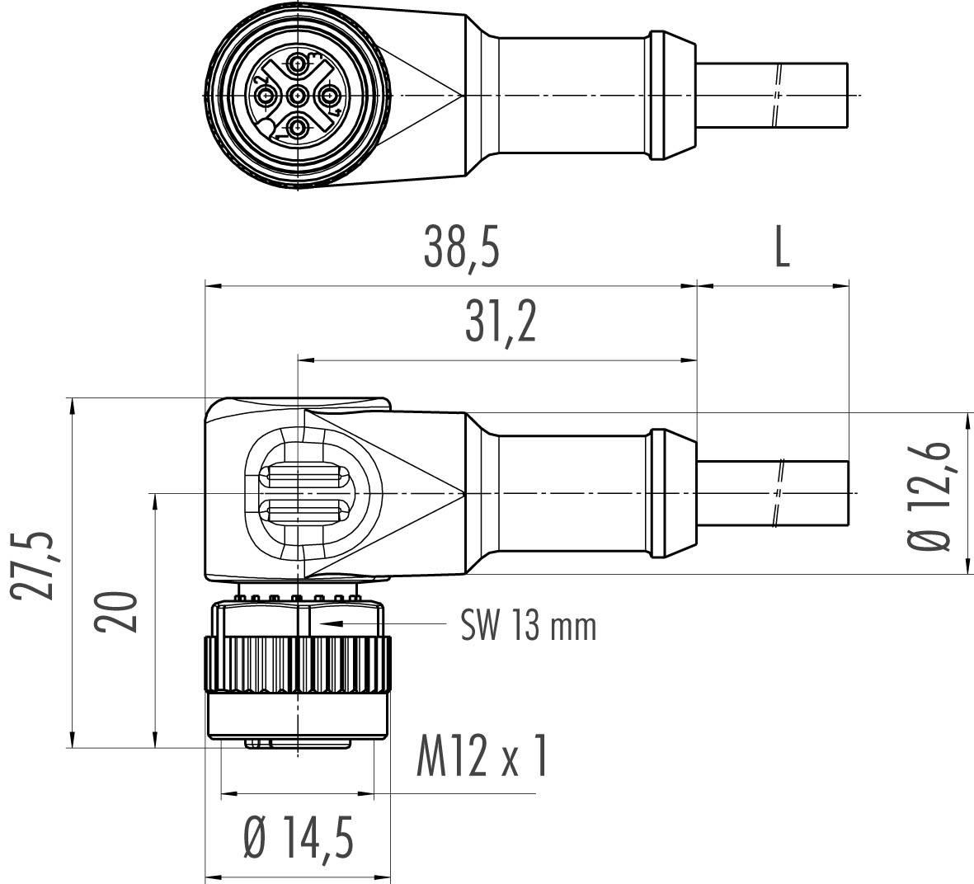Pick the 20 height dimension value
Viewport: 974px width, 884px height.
pyautogui.click(x=114, y=611)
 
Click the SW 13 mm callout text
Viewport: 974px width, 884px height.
pyautogui.click(x=527, y=628)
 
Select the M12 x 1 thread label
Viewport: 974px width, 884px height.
pyautogui.click(x=481, y=758)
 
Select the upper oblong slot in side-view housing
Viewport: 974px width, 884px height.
pyautogui.click(x=303, y=477)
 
